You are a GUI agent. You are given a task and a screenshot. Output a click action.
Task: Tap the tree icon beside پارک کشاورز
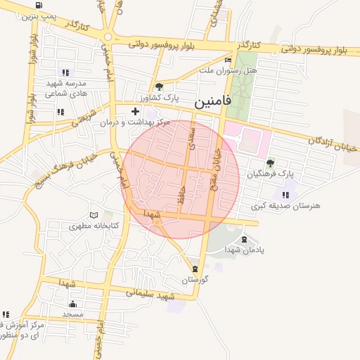160,86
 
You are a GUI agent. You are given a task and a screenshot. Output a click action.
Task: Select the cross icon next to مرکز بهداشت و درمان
136,111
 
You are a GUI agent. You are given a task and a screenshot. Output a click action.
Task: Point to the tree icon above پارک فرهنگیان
271,163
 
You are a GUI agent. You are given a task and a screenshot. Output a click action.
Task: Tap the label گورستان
196,280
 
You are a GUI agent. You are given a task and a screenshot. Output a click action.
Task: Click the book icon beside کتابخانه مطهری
95,215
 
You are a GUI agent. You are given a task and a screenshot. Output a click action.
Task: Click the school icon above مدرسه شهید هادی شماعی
65,72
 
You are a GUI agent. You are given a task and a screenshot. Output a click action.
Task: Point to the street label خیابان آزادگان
333,144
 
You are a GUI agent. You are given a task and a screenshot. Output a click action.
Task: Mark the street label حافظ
182,196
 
